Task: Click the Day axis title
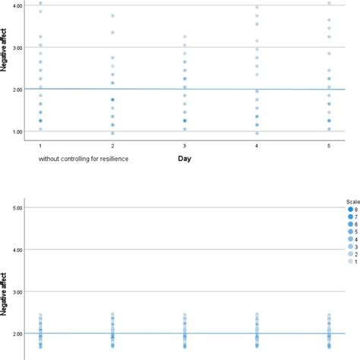click(185, 159)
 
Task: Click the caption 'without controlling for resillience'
click(84, 159)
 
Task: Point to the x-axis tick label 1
click(39, 144)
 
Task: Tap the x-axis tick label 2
click(112, 144)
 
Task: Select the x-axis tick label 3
click(185, 144)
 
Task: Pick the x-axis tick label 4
click(257, 144)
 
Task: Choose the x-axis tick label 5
click(329, 144)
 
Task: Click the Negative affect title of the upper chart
click(6, 68)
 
